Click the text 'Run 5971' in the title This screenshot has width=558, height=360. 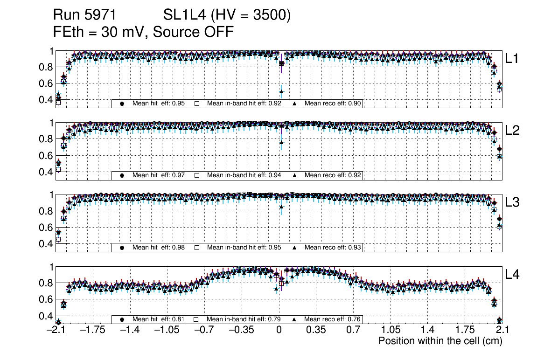(x=84, y=15)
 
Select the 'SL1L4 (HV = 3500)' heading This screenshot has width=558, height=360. (x=227, y=15)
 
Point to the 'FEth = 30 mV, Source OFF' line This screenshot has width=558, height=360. (x=143, y=32)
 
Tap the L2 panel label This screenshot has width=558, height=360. (x=512, y=131)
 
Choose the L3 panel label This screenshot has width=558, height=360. (x=512, y=202)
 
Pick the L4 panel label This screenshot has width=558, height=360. (x=512, y=275)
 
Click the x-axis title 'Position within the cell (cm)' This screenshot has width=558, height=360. (x=440, y=341)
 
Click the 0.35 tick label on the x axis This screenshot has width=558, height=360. (x=315, y=330)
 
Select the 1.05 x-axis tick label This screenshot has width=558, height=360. (x=390, y=330)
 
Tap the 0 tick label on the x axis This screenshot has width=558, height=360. (x=279, y=330)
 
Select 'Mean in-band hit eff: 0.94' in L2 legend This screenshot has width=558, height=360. (x=244, y=175)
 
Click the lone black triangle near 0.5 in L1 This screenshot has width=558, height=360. (x=281, y=91)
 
